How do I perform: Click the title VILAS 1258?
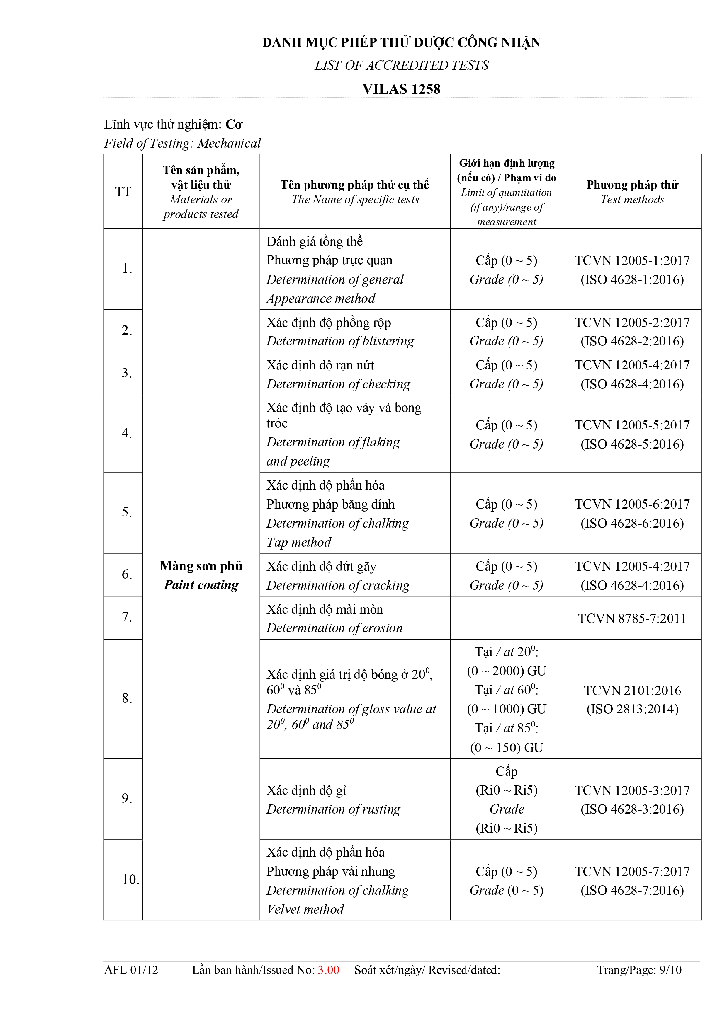[401, 89]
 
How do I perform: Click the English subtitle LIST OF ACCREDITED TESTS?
[401, 65]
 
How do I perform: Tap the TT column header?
[123, 192]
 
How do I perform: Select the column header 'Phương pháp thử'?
[632, 185]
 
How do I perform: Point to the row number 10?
[130, 880]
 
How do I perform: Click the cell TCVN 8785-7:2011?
[632, 618]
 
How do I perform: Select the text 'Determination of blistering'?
[340, 341]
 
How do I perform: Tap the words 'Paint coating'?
[201, 585]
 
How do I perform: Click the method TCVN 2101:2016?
[632, 691]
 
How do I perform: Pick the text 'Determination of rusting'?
[333, 809]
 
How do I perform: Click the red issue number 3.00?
[328, 970]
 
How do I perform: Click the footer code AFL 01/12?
[131, 970]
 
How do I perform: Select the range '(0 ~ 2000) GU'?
[507, 671]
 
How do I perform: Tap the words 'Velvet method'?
[305, 909]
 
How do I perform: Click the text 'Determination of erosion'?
[334, 628]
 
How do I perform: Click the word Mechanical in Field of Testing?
[229, 143]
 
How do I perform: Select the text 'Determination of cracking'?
[338, 585]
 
